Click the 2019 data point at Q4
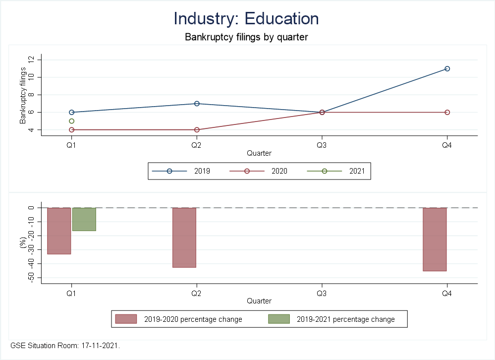(447, 68)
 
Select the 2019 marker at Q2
(197, 104)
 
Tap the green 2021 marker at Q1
(72, 121)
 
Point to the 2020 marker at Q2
(197, 130)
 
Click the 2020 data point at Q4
(447, 112)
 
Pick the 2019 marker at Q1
(72, 112)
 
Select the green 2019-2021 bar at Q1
(84, 219)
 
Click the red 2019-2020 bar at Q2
(184, 238)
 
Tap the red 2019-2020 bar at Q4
(435, 239)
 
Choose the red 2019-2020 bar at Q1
(59, 231)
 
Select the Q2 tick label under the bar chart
(197, 293)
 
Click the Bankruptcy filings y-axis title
(23, 95)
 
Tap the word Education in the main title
(281, 18)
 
